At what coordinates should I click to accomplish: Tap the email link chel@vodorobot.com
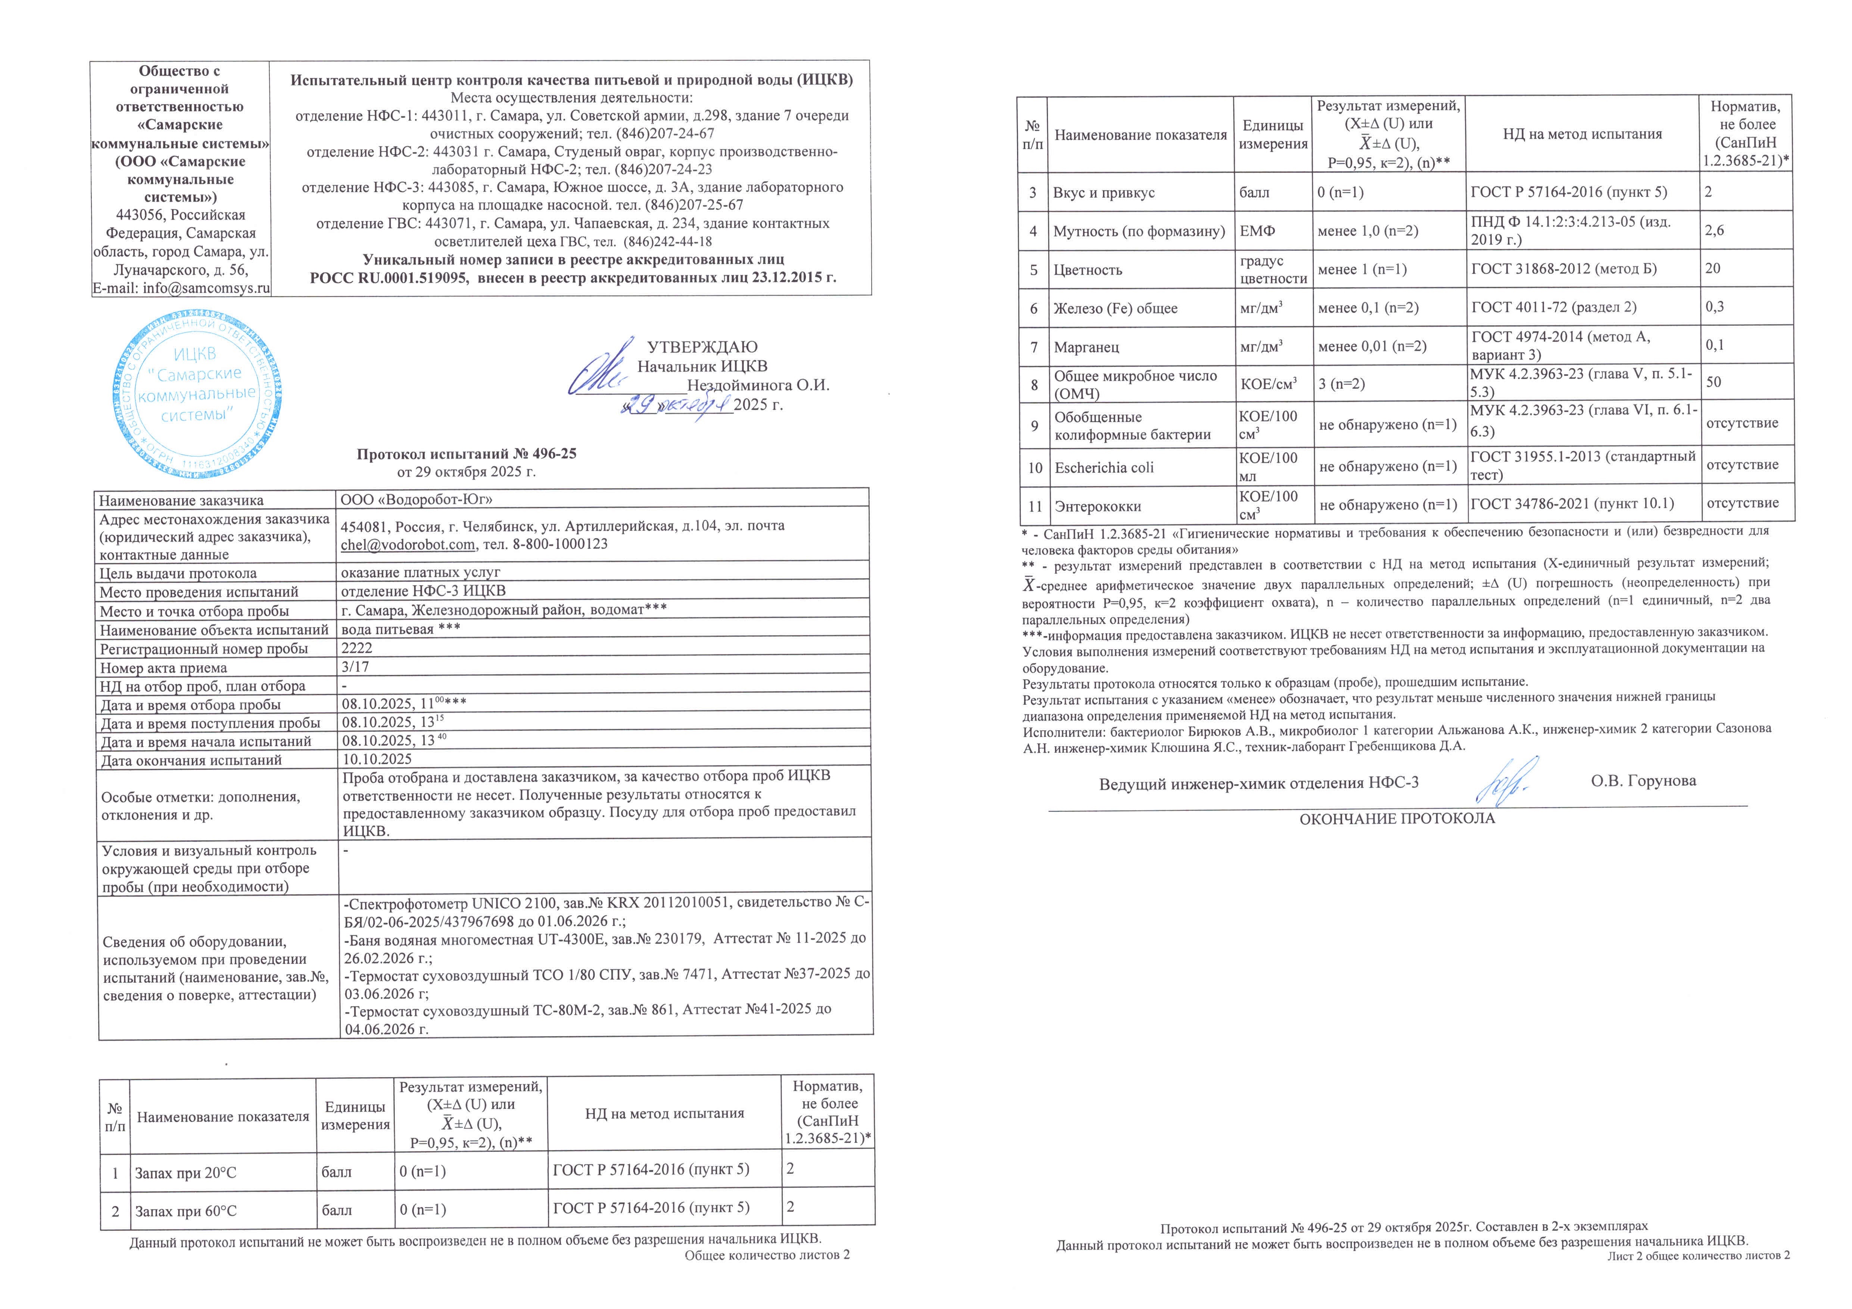tap(407, 544)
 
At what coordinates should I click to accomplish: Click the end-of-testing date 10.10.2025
tap(377, 759)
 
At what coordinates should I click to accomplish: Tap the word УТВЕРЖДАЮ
tap(702, 348)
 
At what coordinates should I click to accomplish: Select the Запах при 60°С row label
tap(185, 1210)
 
